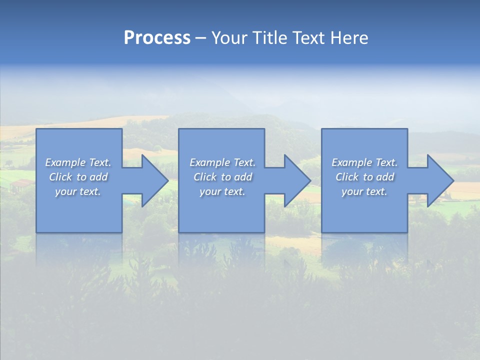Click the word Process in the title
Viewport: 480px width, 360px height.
pos(157,38)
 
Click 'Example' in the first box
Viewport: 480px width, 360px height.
pos(65,162)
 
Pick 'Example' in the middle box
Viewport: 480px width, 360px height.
pos(209,162)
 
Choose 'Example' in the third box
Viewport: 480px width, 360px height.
pos(351,162)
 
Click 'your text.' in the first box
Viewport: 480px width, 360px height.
pos(78,191)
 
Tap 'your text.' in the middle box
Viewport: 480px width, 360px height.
pos(222,191)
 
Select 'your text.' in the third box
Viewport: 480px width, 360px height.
pos(364,191)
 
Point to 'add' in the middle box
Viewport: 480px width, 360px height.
pos(243,177)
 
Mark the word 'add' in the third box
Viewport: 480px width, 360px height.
pos(385,177)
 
